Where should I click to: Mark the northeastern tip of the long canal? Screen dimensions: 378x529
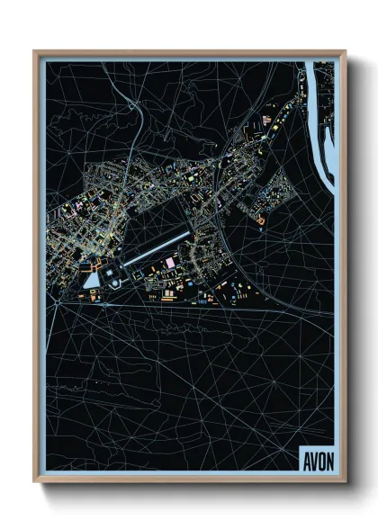pyautogui.click(x=190, y=234)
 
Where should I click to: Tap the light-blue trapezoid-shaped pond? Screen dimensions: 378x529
pyautogui.click(x=93, y=279)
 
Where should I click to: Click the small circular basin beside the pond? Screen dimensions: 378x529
pyautogui.click(x=115, y=282)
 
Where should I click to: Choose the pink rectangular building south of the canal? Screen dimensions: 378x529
pyautogui.click(x=168, y=263)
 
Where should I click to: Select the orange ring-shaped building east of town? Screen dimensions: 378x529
pyautogui.click(x=261, y=219)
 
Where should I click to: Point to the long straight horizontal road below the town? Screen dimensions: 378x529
pyautogui.click(x=180, y=306)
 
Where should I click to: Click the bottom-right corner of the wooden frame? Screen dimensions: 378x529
pyautogui.click(x=344, y=482)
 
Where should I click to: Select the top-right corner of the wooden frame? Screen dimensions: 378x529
pyautogui.click(x=344, y=52)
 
